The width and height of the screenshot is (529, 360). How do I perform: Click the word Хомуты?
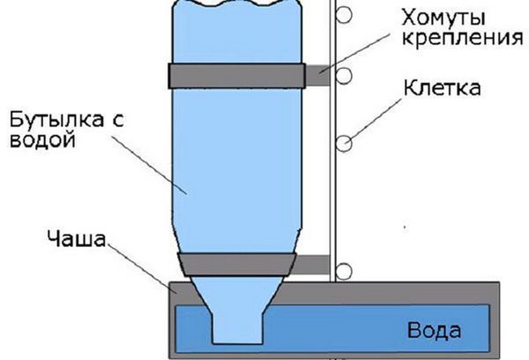pyautogui.click(x=444, y=17)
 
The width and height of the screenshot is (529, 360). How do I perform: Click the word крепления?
pyautogui.click(x=462, y=38)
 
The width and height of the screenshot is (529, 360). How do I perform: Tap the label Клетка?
pyautogui.click(x=442, y=88)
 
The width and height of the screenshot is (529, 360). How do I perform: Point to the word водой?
pyautogui.click(x=42, y=139)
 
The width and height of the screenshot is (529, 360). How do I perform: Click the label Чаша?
pyautogui.click(x=76, y=238)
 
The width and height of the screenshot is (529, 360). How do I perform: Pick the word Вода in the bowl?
pyautogui.click(x=434, y=330)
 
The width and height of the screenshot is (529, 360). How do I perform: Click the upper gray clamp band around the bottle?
pyautogui.click(x=237, y=76)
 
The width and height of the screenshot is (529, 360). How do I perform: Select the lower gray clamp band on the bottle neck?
pyautogui.click(x=237, y=264)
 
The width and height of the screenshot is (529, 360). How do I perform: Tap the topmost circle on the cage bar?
pyautogui.click(x=344, y=15)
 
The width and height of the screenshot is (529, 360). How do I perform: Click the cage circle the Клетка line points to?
pyautogui.click(x=344, y=144)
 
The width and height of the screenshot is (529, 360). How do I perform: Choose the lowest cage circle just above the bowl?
pyautogui.click(x=344, y=271)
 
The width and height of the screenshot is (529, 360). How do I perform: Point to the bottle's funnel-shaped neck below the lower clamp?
pyautogui.click(x=237, y=293)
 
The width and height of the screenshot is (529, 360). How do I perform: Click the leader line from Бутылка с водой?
pyautogui.click(x=149, y=165)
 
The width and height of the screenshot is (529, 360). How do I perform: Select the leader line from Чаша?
pyautogui.click(x=142, y=268)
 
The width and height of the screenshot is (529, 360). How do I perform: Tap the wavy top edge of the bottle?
pyautogui.click(x=237, y=4)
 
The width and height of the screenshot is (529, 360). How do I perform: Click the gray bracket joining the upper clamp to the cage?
pyautogui.click(x=317, y=75)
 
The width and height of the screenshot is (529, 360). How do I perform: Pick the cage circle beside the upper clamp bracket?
pyautogui.click(x=344, y=76)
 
